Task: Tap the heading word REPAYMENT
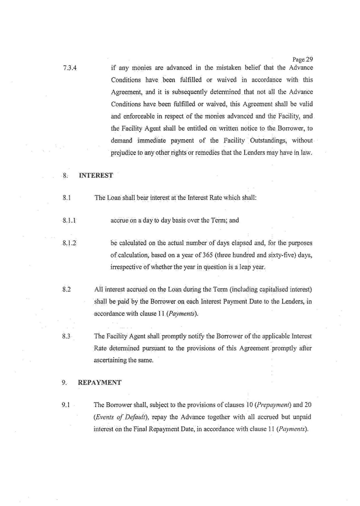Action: tap(100, 383)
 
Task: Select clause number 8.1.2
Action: tap(70, 243)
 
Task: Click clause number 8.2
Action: tap(67, 290)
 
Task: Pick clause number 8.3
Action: tap(67, 337)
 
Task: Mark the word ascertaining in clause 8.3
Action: tap(112, 360)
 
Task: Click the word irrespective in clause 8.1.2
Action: tap(127, 266)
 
